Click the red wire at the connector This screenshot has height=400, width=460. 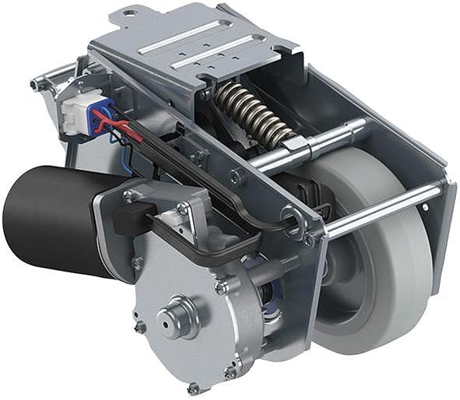[x=117, y=125]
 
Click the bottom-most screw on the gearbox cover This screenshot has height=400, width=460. [x=192, y=387]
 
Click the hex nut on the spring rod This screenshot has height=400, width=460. [x=294, y=145]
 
